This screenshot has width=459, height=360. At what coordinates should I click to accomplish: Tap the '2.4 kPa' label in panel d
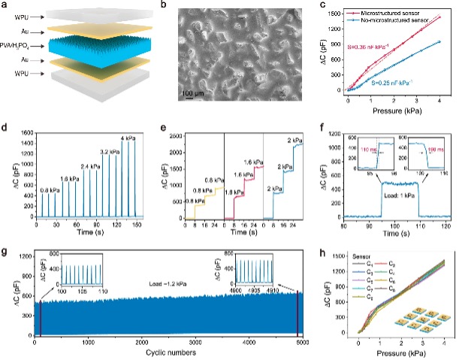[x=73, y=167]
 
